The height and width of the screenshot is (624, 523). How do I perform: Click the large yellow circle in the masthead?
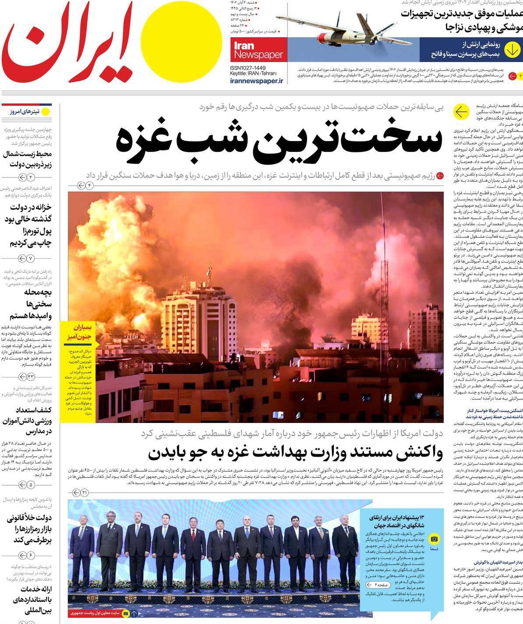(182, 41)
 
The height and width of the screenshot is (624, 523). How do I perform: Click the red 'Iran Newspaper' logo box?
(258, 49)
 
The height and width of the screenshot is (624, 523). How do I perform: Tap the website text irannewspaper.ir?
(257, 81)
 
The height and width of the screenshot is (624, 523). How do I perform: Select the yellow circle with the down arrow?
(512, 50)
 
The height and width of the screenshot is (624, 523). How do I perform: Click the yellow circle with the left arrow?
(461, 112)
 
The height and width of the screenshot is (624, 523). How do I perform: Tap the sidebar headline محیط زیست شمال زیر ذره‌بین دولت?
(27, 159)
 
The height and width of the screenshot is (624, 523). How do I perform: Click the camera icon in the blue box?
(434, 539)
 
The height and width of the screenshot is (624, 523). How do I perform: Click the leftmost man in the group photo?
(81, 552)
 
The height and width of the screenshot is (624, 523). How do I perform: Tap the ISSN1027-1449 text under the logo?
(248, 68)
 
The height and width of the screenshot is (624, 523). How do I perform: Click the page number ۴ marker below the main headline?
(85, 186)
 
